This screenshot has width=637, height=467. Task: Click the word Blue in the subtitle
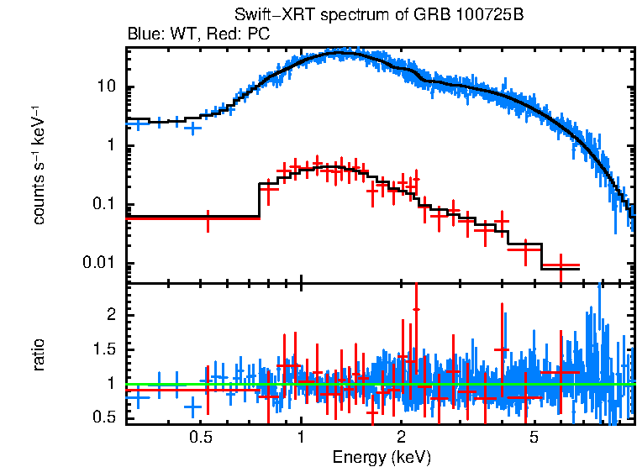(x=143, y=34)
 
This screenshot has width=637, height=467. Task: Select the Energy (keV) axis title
(x=382, y=457)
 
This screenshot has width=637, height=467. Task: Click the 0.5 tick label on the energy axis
(x=200, y=438)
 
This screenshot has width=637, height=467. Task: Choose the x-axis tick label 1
(x=301, y=438)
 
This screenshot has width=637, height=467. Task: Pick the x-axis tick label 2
(x=402, y=438)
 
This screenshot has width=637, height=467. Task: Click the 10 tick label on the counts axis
(x=106, y=88)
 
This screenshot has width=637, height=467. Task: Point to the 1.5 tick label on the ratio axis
(x=105, y=349)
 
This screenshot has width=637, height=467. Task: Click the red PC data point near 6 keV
(x=561, y=265)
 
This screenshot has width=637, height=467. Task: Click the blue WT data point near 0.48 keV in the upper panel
(x=193, y=129)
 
